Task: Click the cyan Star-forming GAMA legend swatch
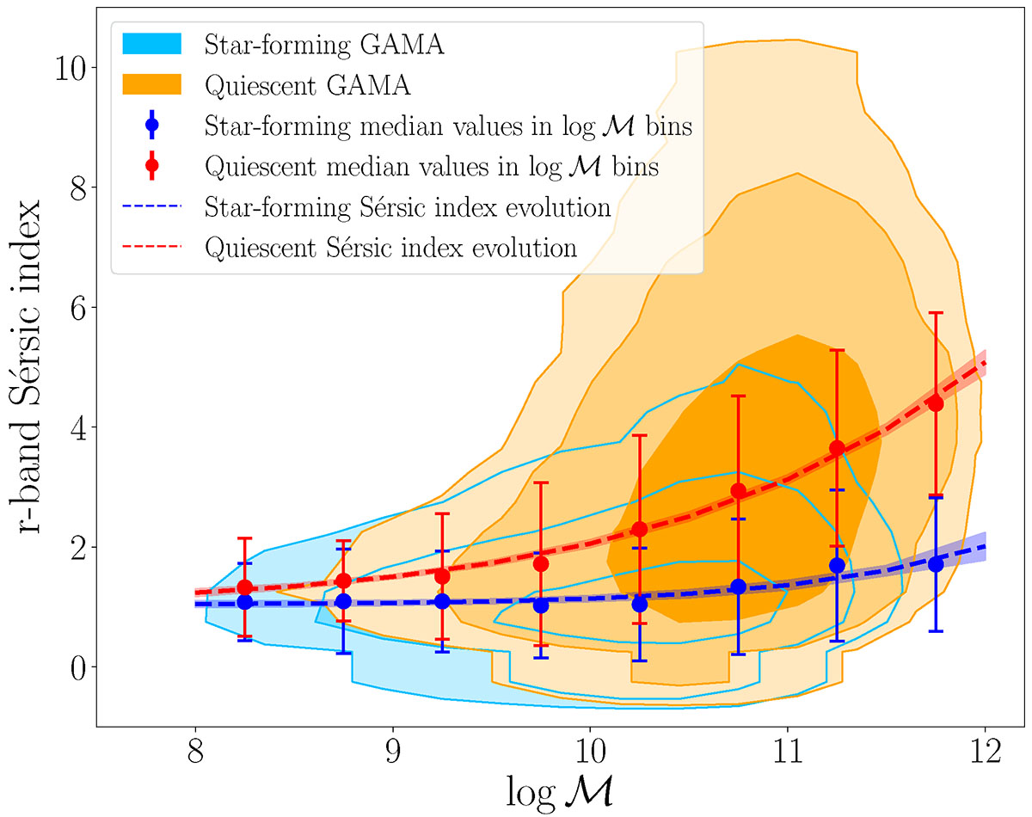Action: coord(151,44)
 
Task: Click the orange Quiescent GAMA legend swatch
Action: coord(151,84)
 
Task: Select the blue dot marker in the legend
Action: coord(151,125)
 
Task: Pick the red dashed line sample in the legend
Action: coord(151,249)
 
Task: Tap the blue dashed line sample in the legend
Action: coord(151,208)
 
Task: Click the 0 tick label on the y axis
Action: coord(83,667)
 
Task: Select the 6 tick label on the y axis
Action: coord(83,307)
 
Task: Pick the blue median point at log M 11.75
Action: coord(936,564)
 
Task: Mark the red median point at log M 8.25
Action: coord(245,587)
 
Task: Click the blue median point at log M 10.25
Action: coord(639,604)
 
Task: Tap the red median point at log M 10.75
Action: coord(738,491)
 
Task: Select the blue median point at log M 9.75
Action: coord(541,605)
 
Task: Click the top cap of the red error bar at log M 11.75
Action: coord(936,313)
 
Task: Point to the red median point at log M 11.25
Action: coord(837,448)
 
